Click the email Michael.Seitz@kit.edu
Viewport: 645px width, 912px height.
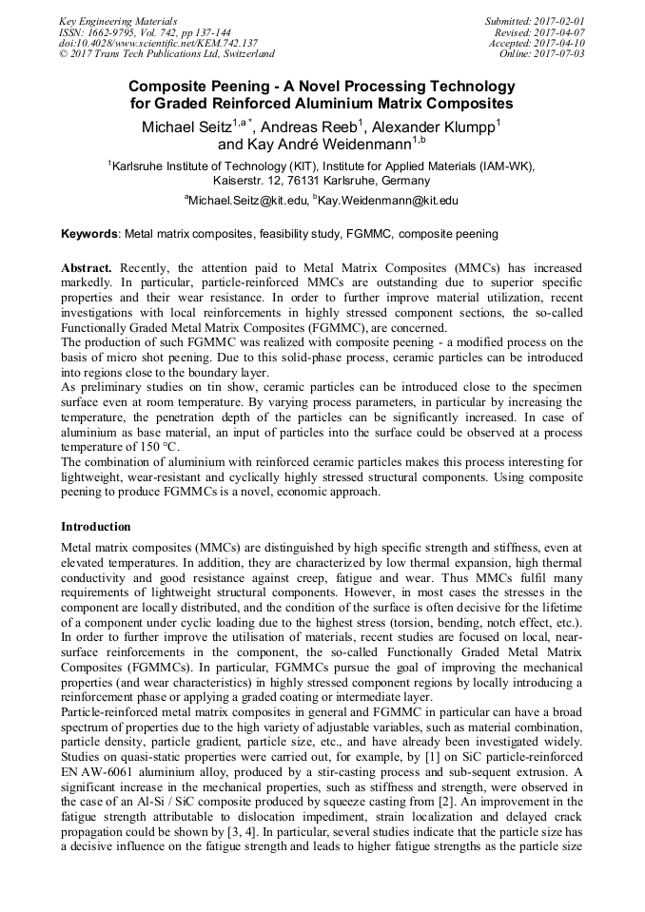(x=249, y=201)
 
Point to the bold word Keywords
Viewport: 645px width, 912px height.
(x=89, y=233)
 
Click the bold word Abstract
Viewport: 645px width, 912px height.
(x=88, y=269)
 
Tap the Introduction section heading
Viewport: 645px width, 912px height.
(x=96, y=526)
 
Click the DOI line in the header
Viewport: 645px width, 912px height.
(x=158, y=43)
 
